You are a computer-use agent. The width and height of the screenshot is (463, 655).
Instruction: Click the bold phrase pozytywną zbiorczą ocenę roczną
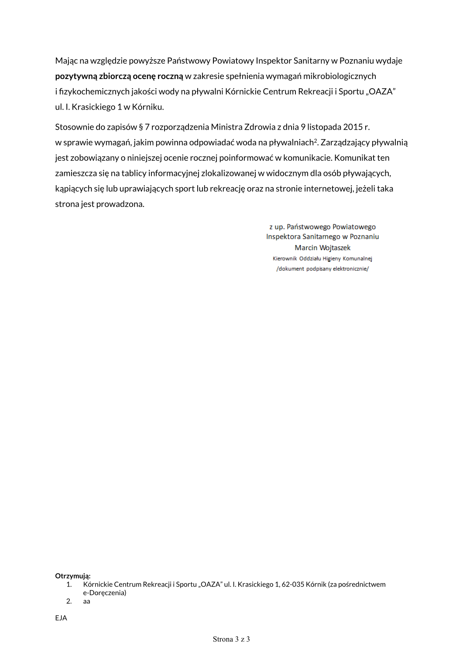tap(119, 76)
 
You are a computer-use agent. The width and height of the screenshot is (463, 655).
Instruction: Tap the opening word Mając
tap(66, 61)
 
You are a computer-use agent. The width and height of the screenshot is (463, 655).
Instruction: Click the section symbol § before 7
tap(141, 127)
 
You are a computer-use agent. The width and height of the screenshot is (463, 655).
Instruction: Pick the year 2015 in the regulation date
tap(353, 127)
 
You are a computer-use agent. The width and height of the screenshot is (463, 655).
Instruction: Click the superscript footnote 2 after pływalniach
tap(316, 140)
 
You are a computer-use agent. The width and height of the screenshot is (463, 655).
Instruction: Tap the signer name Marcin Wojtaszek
tap(322, 248)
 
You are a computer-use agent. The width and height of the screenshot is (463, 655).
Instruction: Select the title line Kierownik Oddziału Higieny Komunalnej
tap(322, 259)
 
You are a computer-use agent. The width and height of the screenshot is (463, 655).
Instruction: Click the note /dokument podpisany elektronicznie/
tap(322, 269)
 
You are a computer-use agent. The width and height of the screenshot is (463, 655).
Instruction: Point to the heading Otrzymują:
tap(73, 576)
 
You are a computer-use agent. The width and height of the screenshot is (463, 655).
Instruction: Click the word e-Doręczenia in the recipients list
tap(104, 593)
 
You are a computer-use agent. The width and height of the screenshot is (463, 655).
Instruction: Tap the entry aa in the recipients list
tap(87, 601)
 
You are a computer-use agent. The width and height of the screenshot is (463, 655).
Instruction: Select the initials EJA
tap(61, 618)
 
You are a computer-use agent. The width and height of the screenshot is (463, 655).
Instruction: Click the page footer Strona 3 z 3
tap(231, 639)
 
